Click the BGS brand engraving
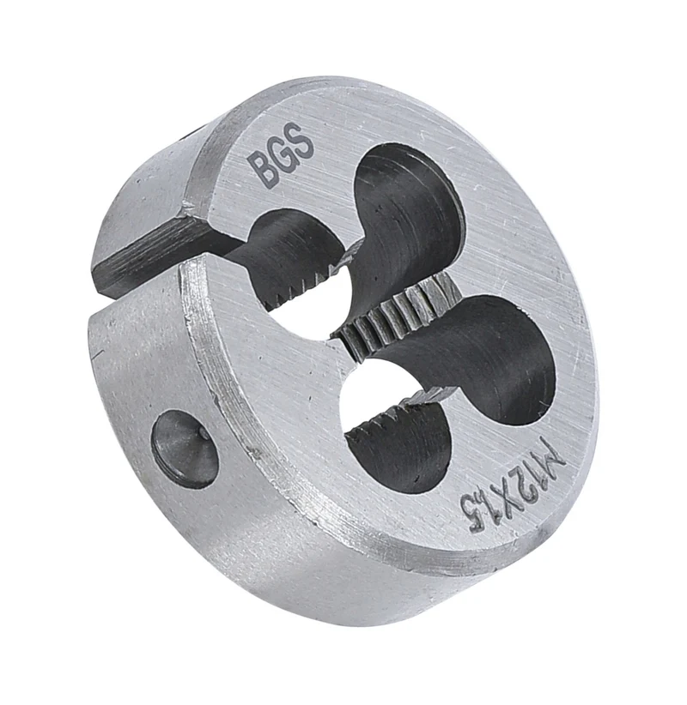tap(282, 154)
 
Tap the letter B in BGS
tap(262, 170)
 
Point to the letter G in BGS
tap(282, 154)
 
